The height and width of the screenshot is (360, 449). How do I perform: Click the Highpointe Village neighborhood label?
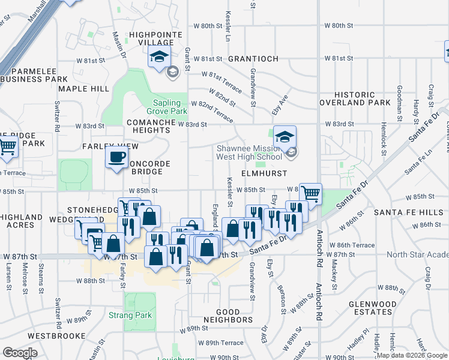pos(152,38)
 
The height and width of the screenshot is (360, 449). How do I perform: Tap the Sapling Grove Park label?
pos(167,107)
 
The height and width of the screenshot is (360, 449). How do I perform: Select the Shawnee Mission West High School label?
pos(249,153)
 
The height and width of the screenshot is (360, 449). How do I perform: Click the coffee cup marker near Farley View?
pos(116,158)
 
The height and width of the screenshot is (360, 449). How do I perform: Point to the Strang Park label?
pos(130,315)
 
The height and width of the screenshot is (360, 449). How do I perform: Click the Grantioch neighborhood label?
pos(253,59)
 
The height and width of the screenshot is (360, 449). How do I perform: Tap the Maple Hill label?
pos(84,89)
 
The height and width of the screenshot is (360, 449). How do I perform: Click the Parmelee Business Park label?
pos(34,74)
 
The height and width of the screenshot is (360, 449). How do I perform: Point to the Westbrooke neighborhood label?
pos(56,335)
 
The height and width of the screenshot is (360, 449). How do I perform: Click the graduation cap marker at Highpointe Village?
pos(159,58)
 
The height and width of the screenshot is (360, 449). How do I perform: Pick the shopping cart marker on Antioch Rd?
pos(310,193)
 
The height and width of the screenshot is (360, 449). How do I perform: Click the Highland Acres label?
pos(21,221)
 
